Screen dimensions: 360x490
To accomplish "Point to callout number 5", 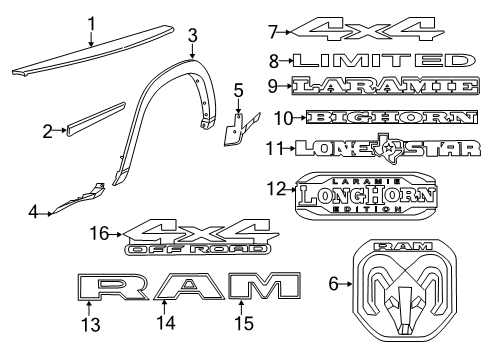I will coord(238,92).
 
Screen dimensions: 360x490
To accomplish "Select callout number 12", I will coord(276,187).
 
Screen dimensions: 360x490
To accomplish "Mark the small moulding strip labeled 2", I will coord(92,116).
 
